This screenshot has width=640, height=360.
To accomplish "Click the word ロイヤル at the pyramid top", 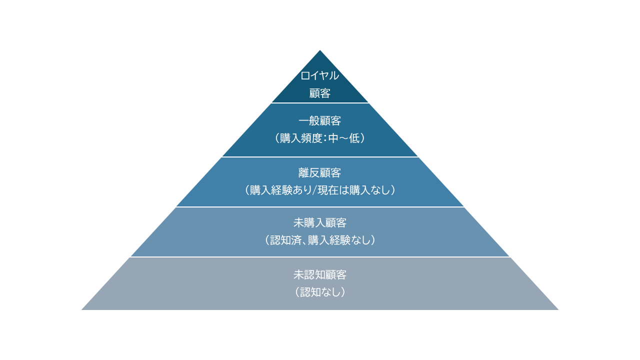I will click(320, 76).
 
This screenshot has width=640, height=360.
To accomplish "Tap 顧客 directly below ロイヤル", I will click(320, 93).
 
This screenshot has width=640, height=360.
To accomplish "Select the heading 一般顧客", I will click(320, 121).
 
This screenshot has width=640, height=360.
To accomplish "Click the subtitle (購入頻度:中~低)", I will click(320, 138).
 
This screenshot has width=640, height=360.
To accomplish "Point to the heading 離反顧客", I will click(320, 173).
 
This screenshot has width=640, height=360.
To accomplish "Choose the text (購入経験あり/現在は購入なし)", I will click(320, 190).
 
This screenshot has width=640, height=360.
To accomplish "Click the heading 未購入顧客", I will click(320, 223).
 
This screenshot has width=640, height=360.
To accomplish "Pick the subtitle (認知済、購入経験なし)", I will click(320, 240).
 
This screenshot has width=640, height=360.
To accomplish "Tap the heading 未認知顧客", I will click(320, 274).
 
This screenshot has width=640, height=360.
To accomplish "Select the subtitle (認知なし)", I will click(320, 292).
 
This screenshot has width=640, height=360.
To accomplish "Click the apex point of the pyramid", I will click(320, 51).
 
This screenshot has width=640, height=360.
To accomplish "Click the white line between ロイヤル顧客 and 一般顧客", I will click(320, 103).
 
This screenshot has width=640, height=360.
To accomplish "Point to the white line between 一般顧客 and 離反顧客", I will click(320, 157).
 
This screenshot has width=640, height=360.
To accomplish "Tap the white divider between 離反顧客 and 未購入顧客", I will click(320, 207).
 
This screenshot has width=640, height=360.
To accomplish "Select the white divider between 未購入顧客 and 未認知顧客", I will click(320, 257).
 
